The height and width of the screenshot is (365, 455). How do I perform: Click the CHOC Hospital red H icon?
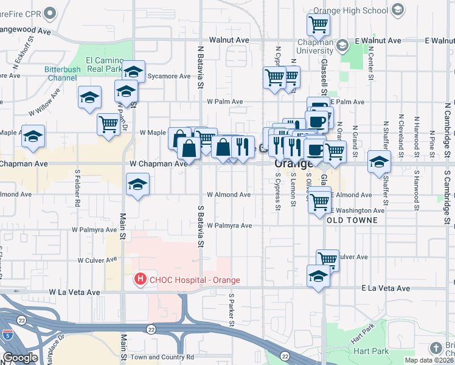point(141,280)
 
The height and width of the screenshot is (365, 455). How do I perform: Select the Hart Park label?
point(370,351)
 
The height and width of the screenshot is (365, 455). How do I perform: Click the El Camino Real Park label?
point(104,64)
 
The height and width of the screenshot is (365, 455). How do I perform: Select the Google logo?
point(20,358)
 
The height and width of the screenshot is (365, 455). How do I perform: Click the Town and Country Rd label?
point(162,357)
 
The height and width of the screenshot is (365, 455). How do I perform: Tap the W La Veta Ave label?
point(74,292)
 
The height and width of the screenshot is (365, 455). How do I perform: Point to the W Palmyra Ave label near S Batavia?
point(229,225)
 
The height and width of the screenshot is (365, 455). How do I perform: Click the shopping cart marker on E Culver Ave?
point(327,259)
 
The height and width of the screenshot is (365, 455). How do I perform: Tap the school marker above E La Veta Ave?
point(319,276)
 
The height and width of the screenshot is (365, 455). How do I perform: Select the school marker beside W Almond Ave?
point(137,184)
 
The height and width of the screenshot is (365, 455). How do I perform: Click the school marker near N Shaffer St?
point(378,161)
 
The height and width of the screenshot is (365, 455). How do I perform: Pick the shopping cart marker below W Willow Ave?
point(108,124)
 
